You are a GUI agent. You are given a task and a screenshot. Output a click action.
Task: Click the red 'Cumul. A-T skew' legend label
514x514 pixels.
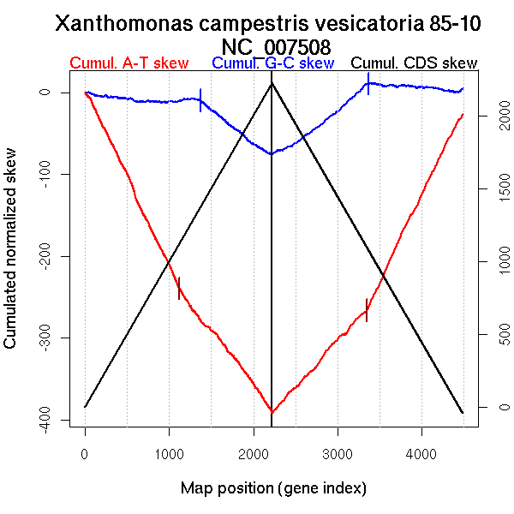point(128,63)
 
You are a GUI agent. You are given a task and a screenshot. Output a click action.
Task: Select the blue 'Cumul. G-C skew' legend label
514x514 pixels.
point(272,63)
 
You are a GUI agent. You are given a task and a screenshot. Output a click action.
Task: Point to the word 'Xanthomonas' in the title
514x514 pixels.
point(120,24)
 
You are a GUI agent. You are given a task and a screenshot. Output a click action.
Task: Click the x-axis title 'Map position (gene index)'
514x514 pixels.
point(273,488)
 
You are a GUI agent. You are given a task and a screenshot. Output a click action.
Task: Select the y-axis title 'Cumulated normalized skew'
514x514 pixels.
point(11,258)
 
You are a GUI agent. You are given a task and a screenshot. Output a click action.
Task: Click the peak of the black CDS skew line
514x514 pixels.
point(272,83)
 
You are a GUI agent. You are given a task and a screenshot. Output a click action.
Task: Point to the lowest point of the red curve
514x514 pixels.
point(272,413)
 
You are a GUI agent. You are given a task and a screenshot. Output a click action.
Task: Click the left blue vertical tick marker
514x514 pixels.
point(200,100)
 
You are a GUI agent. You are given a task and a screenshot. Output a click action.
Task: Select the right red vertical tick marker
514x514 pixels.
point(367,309)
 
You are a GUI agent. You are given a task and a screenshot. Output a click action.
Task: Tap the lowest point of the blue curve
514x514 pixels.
point(271,154)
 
